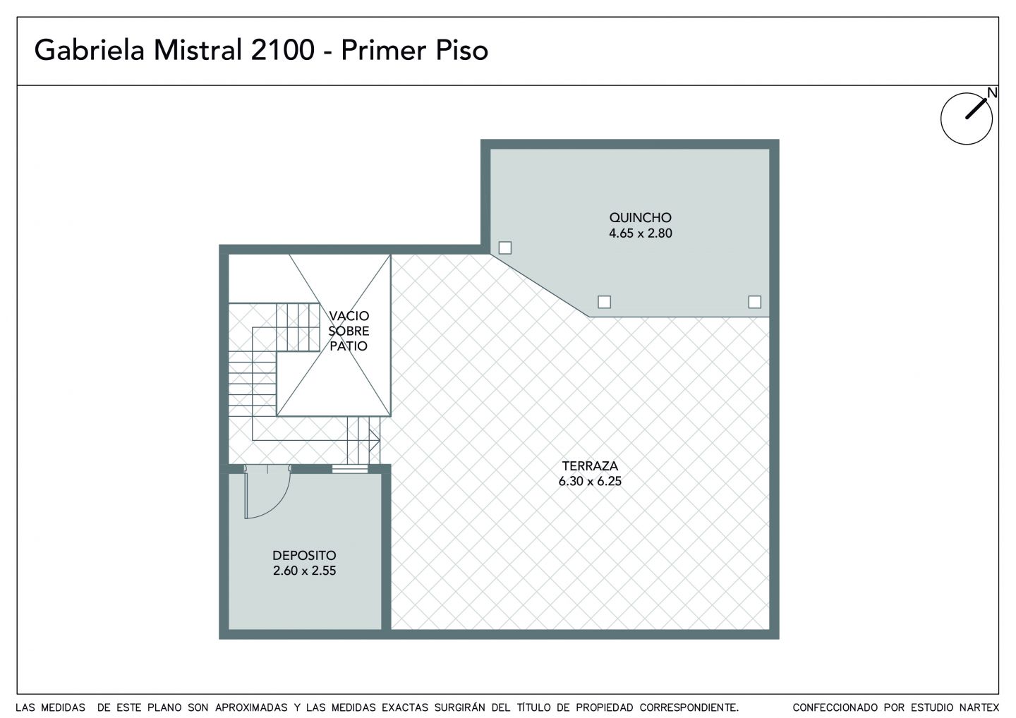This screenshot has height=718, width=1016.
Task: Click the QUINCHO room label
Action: [640, 217]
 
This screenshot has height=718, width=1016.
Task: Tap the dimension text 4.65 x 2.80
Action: [641, 233]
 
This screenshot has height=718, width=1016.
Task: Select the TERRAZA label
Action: [590, 466]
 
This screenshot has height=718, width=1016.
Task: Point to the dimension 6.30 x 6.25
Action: [590, 481]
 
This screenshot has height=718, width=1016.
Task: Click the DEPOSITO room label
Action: [304, 555]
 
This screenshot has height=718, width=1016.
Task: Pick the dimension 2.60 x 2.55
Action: [304, 571]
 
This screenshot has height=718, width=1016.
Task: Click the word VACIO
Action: [349, 316]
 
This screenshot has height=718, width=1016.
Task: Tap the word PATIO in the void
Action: [349, 346]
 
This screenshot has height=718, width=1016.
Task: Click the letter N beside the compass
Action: [993, 93]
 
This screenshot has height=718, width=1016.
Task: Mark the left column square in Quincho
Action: [505, 248]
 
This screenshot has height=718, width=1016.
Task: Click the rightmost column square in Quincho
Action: [755, 302]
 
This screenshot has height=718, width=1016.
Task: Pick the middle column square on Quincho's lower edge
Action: [604, 302]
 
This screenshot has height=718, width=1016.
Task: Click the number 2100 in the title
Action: [282, 50]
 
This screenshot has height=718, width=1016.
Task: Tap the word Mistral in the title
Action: [198, 50]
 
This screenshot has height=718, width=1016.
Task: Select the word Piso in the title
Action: [461, 50]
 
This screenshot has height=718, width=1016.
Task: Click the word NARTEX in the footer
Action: [979, 707]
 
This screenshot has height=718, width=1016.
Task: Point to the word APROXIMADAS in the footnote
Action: [251, 707]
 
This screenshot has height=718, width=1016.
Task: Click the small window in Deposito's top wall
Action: [350, 469]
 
